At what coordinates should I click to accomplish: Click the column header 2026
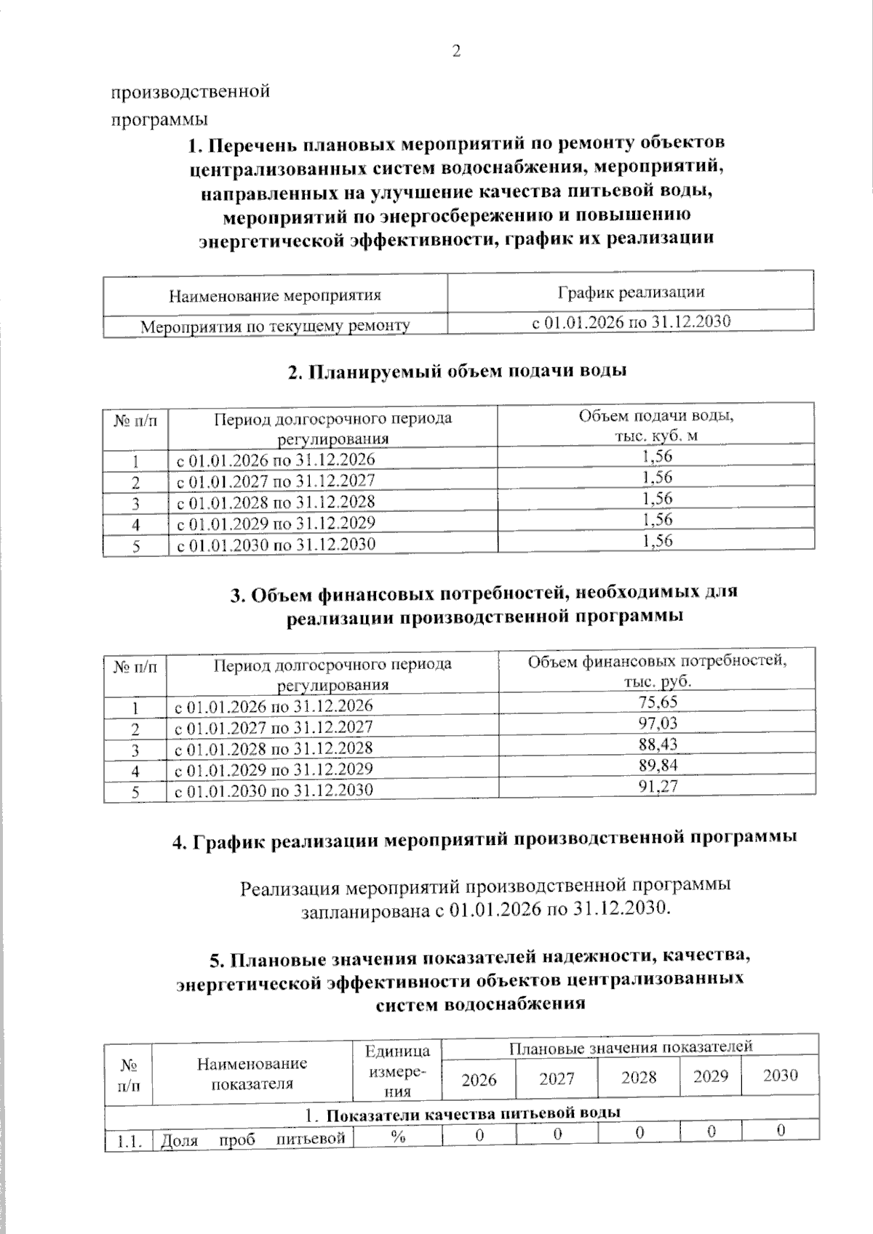click(479, 1078)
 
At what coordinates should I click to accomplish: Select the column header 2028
click(639, 1077)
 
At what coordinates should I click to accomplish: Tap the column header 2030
click(780, 1075)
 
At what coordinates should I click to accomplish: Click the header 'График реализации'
click(631, 292)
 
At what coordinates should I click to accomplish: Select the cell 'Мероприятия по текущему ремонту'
click(275, 326)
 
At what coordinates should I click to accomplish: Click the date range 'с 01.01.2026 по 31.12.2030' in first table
click(631, 321)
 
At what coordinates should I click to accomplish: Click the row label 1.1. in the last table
click(128, 1141)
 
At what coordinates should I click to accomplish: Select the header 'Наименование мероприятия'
click(275, 296)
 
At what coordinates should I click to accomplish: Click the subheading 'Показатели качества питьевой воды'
click(462, 1114)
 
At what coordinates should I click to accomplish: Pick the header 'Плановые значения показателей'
click(630, 1046)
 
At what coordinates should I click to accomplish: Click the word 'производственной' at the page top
click(190, 92)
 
